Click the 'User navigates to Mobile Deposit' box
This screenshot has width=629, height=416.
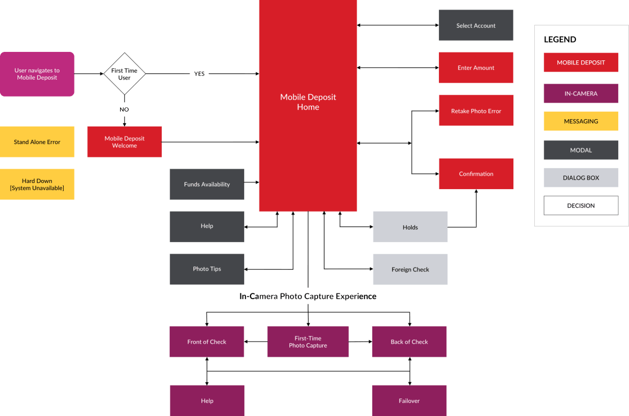(x=37, y=74)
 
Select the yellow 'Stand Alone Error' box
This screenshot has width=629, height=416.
(x=37, y=142)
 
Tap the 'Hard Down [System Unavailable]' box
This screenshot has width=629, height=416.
(x=37, y=184)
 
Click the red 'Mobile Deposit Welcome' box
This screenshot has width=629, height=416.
(x=124, y=142)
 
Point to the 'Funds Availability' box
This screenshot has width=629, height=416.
(x=206, y=184)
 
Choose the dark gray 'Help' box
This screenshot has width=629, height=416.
(x=206, y=226)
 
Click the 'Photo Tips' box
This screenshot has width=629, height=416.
(x=206, y=269)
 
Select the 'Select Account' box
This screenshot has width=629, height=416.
(x=476, y=25)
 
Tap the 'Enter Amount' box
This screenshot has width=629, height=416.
(x=476, y=68)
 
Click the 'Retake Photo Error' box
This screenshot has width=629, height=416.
(x=476, y=111)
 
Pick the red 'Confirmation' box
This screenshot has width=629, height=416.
(x=476, y=174)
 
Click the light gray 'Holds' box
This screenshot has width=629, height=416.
(x=410, y=227)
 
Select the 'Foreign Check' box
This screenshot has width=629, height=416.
(x=410, y=269)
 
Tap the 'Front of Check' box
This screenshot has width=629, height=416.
(x=206, y=341)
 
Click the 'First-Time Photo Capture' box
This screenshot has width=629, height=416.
(x=308, y=341)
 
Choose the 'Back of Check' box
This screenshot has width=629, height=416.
(x=409, y=341)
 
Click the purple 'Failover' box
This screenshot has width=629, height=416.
(x=409, y=401)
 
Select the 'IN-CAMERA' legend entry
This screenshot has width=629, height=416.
(x=580, y=94)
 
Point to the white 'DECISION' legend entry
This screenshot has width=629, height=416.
(x=580, y=205)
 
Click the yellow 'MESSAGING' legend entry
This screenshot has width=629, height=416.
(x=580, y=121)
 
